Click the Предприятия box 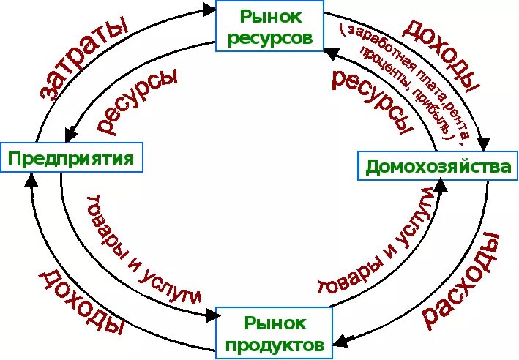(x=71, y=157)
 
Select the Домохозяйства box (x=438, y=166)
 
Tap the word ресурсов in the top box (x=271, y=35)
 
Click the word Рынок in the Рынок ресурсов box (x=271, y=15)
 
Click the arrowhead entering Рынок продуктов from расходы (x=341, y=340)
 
